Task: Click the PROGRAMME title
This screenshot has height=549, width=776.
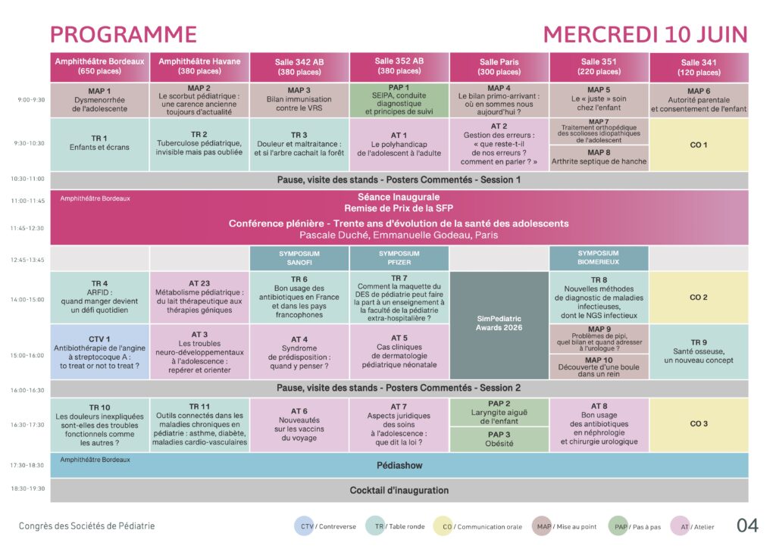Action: (124, 35)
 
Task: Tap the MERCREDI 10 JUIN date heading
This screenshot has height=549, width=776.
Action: (645, 35)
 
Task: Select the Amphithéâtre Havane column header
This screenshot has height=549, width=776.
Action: (199, 67)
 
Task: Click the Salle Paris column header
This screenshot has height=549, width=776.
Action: (499, 67)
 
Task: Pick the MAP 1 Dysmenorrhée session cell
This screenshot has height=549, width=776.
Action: (99, 100)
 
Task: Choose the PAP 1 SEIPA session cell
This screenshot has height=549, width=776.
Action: (399, 100)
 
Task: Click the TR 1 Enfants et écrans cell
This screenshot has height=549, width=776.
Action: (99, 144)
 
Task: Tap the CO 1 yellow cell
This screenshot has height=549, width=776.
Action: (698, 144)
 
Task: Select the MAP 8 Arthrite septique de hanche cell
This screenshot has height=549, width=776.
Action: (598, 158)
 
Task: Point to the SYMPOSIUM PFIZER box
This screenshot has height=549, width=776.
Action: (399, 258)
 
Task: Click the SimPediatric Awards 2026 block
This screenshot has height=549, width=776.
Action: (499, 325)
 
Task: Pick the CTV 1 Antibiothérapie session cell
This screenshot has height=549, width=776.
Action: (99, 352)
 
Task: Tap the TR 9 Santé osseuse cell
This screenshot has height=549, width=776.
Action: (698, 351)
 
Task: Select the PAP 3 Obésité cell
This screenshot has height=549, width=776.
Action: (499, 439)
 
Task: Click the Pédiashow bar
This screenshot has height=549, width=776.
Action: (399, 465)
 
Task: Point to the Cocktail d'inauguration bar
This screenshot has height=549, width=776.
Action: (399, 490)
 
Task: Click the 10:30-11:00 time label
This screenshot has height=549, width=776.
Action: (27, 179)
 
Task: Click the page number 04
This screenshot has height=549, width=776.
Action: (747, 526)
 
